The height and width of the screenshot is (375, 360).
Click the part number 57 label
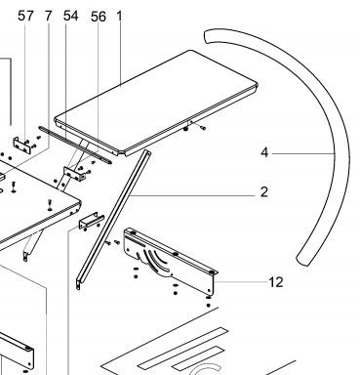pos(25,16)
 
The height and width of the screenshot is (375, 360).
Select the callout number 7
pos(48,16)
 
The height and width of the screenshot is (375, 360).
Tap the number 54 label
pos(70,16)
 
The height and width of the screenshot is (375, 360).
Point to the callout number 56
pos(99,17)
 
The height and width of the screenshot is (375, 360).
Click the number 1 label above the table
pos(119,16)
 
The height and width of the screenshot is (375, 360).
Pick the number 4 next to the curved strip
pos(264,152)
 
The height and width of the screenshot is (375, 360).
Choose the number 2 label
pos(264,191)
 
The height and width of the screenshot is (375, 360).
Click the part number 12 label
pos(276,282)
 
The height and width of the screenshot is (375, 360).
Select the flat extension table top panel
pos(156,101)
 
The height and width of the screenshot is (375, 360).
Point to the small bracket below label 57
pos(23,146)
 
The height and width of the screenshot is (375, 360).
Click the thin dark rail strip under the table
pos(75,146)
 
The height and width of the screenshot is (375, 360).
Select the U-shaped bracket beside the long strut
pos(92,221)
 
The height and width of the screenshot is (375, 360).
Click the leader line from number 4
pos(303,153)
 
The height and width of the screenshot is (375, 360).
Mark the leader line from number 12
pos(241,282)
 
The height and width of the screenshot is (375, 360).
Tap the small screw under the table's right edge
pos(203,128)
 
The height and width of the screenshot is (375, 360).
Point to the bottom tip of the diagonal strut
pos(78,288)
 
